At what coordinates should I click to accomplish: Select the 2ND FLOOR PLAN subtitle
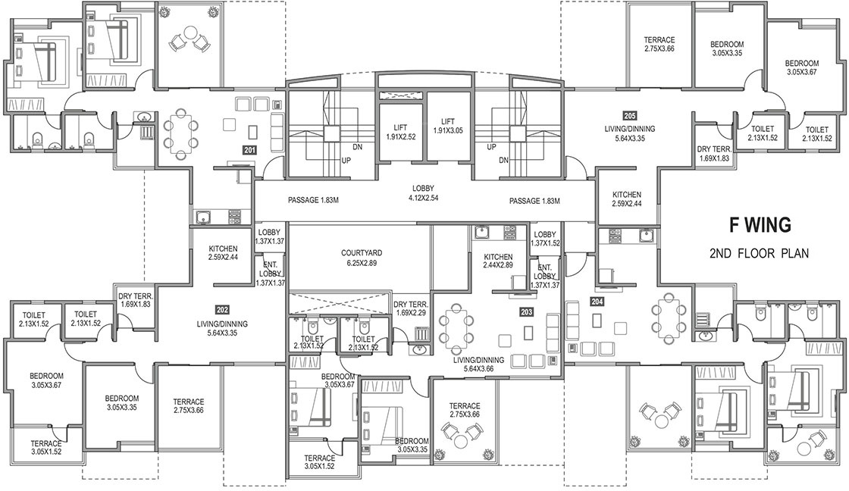point(759,253)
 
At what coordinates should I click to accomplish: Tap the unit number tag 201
point(249,151)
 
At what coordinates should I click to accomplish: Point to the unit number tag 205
point(630,116)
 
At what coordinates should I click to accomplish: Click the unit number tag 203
point(526,312)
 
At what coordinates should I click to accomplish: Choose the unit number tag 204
point(597,302)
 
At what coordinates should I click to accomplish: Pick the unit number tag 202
point(222,310)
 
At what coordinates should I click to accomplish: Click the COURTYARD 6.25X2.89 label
point(361,258)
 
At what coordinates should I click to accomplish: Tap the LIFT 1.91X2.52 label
point(400,132)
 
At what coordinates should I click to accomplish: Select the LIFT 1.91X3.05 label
point(448,126)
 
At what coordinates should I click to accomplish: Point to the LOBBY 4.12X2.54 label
point(423,193)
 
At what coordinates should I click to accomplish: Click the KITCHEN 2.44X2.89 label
point(498,261)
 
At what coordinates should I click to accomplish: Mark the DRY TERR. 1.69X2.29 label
point(411,308)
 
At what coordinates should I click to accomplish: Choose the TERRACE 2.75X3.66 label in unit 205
point(659,45)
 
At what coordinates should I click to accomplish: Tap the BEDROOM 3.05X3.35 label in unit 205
point(727,48)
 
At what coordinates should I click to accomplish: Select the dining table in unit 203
point(454,327)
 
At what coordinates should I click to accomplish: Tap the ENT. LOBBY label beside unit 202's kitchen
point(270,274)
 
